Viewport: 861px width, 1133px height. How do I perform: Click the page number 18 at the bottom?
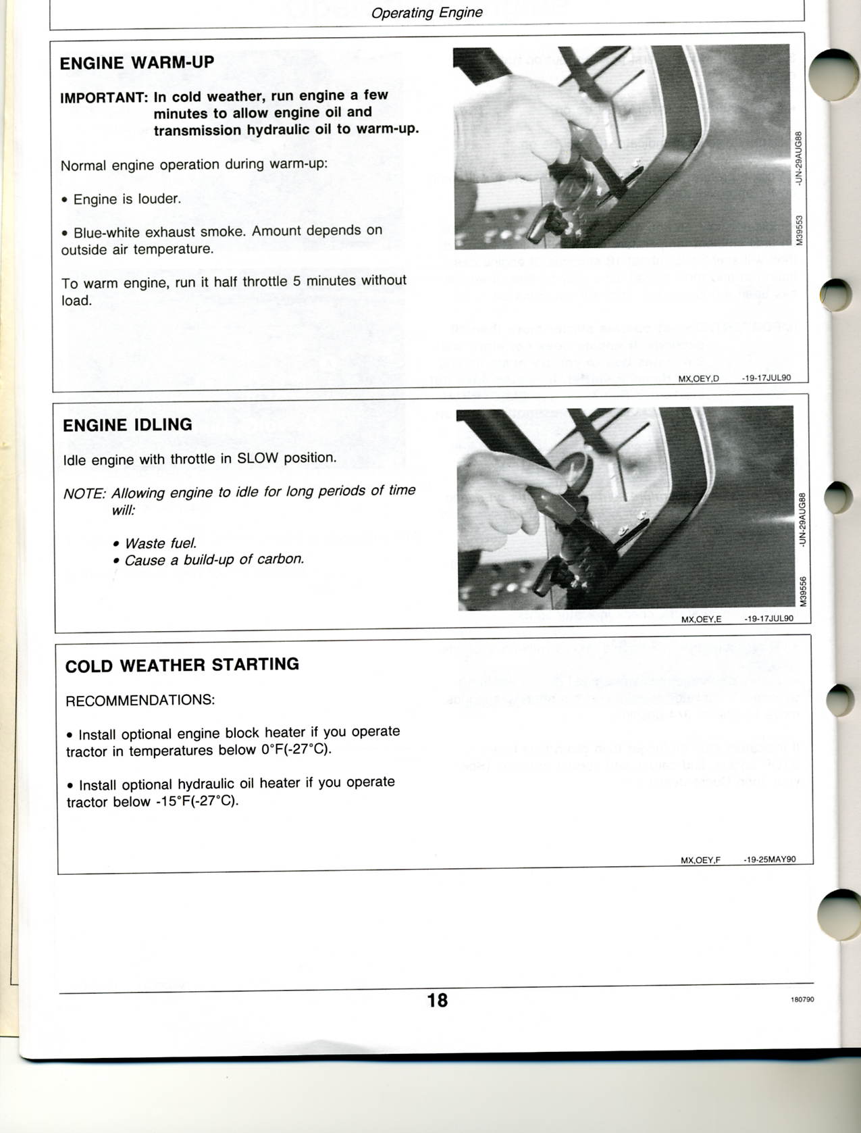(x=437, y=1000)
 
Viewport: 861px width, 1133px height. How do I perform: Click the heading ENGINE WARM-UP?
(x=137, y=63)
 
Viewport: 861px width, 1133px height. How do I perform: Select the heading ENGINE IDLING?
(x=128, y=425)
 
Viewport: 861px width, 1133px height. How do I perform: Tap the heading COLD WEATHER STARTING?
(x=182, y=665)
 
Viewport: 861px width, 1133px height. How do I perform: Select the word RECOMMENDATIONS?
(x=140, y=701)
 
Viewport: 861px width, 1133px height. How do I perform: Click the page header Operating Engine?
(x=427, y=13)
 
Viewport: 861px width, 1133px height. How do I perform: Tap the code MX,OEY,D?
(x=698, y=379)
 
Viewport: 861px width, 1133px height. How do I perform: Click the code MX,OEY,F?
(x=700, y=860)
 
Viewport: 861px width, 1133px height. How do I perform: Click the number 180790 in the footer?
(x=802, y=1000)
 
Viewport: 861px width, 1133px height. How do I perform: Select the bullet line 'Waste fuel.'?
(x=161, y=543)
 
